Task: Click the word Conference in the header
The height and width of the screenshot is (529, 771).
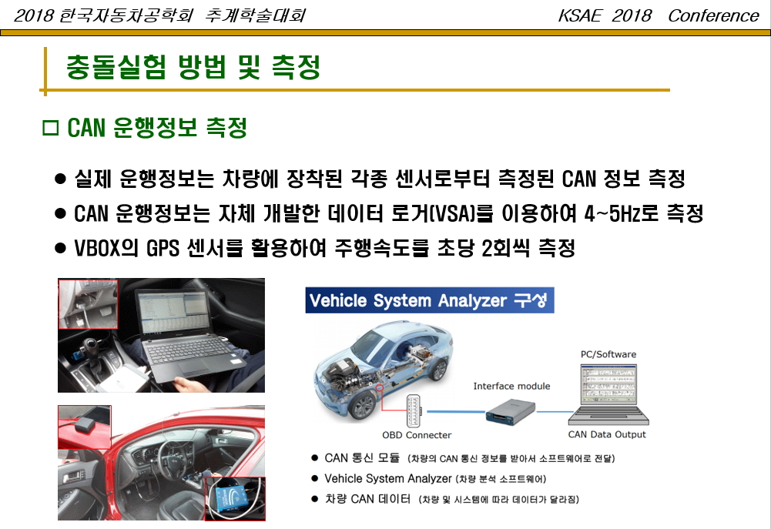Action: click(713, 15)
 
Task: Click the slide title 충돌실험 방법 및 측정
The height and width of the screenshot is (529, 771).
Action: click(193, 66)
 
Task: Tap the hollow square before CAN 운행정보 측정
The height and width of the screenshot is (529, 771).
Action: click(51, 127)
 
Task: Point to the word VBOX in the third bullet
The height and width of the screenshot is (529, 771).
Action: click(96, 248)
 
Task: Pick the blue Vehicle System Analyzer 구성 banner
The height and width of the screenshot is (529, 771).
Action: click(429, 300)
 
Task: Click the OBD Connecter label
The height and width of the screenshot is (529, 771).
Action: click(417, 435)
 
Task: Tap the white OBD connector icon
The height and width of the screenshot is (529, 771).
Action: click(413, 410)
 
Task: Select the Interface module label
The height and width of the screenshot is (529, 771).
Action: click(511, 387)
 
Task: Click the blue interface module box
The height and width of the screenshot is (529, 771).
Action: click(511, 410)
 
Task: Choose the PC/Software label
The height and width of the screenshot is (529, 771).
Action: click(608, 354)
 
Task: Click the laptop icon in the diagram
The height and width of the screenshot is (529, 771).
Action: click(608, 394)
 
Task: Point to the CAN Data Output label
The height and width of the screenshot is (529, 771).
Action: click(607, 434)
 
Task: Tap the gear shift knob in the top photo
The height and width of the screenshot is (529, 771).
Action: click(90, 347)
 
